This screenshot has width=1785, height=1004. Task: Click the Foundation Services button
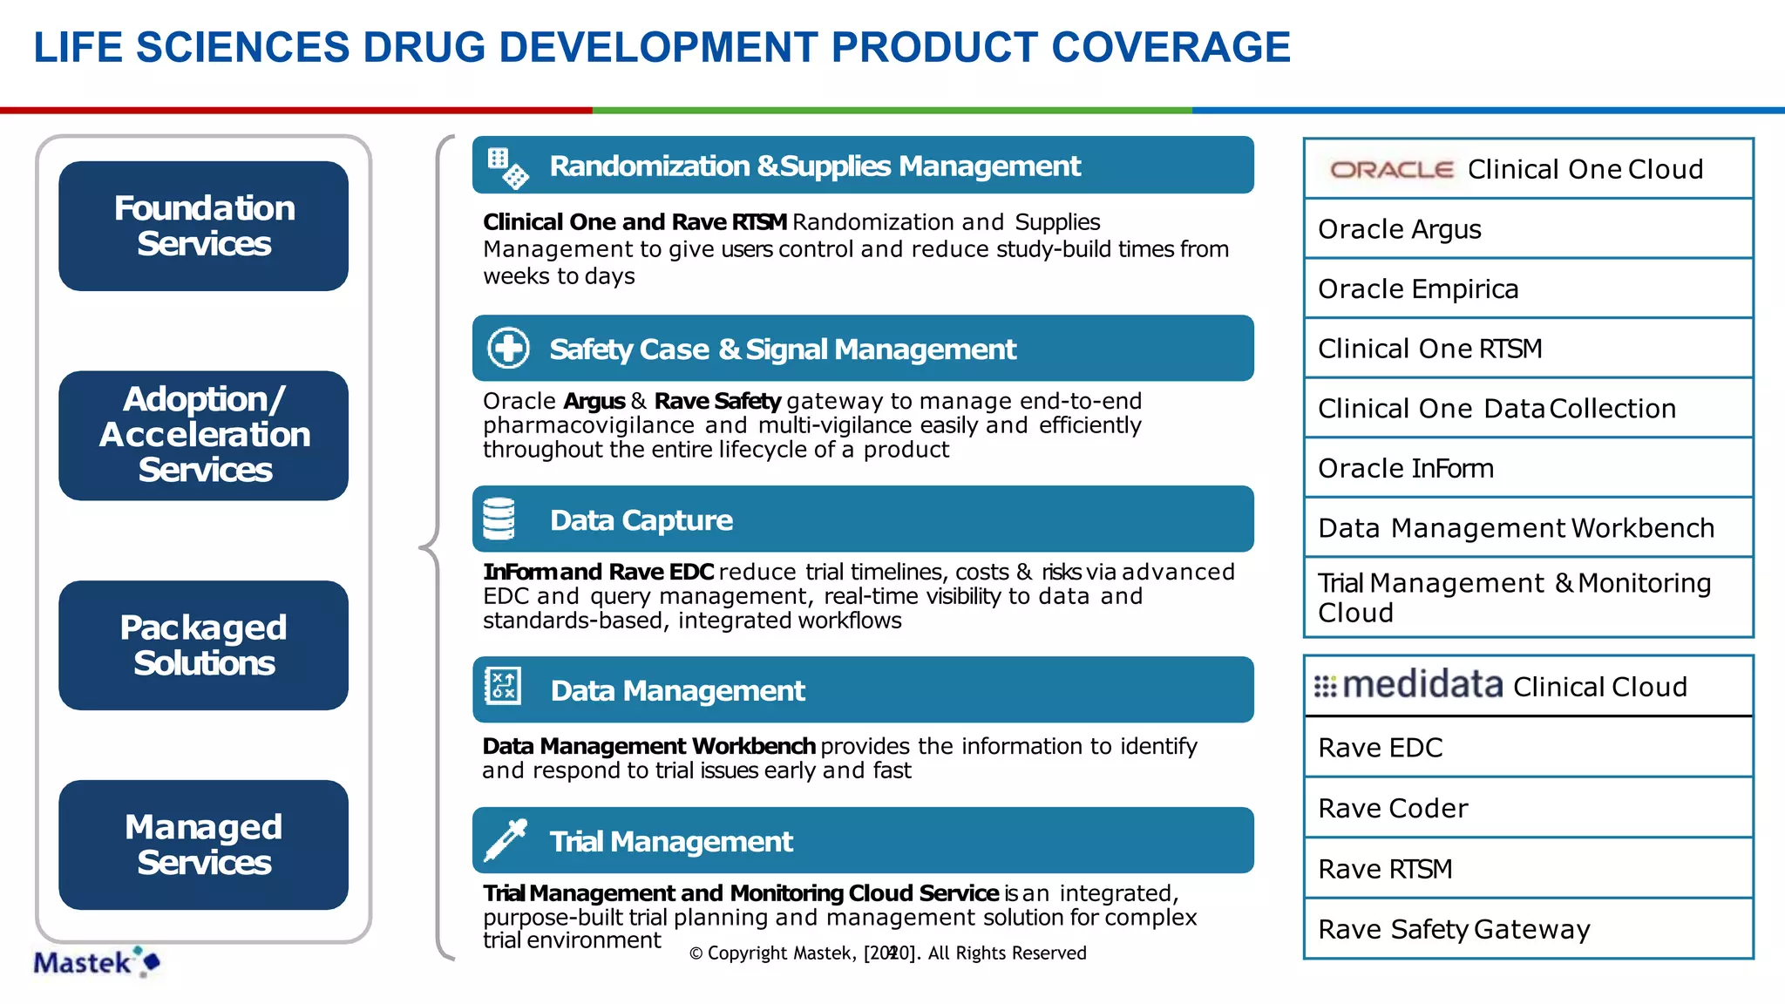coord(203,226)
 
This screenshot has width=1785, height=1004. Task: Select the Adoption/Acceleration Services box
coord(203,435)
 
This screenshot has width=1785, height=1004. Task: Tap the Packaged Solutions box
coord(203,645)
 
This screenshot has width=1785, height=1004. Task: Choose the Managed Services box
coord(203,845)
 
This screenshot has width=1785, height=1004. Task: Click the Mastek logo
coord(96,962)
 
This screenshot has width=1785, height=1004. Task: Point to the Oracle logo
coord(1391,169)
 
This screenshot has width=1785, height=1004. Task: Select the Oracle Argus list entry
coord(1527,229)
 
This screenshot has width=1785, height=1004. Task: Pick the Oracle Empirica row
coord(1527,288)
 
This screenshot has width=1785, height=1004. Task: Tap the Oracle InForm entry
coord(1527,468)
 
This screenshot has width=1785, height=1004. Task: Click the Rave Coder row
coord(1527,808)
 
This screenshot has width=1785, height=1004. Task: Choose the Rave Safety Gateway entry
coord(1527,929)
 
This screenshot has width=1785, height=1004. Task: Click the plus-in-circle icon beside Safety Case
coord(508,349)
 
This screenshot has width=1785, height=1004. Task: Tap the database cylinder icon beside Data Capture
coord(499,519)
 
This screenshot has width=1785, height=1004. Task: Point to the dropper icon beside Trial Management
coord(506,839)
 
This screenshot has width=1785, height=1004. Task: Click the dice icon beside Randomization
coord(508,167)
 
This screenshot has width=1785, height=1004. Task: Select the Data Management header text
coord(677,690)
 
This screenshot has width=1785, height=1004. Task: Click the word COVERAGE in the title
coord(1171,47)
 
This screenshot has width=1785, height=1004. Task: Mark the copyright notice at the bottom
coord(887,953)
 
